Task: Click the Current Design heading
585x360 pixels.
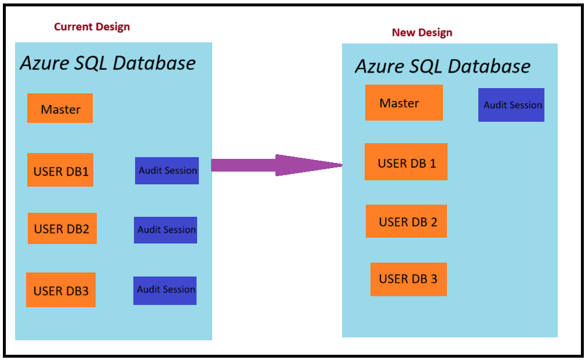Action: (x=92, y=27)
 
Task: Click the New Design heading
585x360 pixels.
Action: (x=422, y=32)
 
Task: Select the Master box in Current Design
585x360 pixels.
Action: (x=60, y=108)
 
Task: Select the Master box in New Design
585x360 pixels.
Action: (x=404, y=103)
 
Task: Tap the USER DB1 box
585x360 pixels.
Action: (x=60, y=170)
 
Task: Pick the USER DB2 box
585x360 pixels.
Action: (x=62, y=228)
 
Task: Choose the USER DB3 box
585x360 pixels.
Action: (x=61, y=290)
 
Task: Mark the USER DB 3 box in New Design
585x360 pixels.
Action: (x=408, y=279)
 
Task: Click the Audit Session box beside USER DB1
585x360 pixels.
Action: (x=167, y=170)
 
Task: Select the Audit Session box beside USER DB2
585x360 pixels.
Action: (x=166, y=230)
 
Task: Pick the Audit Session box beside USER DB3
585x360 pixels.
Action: (x=165, y=289)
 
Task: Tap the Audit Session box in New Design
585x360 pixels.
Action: (x=511, y=105)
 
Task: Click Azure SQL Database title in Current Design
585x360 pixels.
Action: (x=108, y=63)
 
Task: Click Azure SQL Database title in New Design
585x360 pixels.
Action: (x=442, y=66)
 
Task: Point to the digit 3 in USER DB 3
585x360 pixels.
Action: (x=433, y=279)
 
